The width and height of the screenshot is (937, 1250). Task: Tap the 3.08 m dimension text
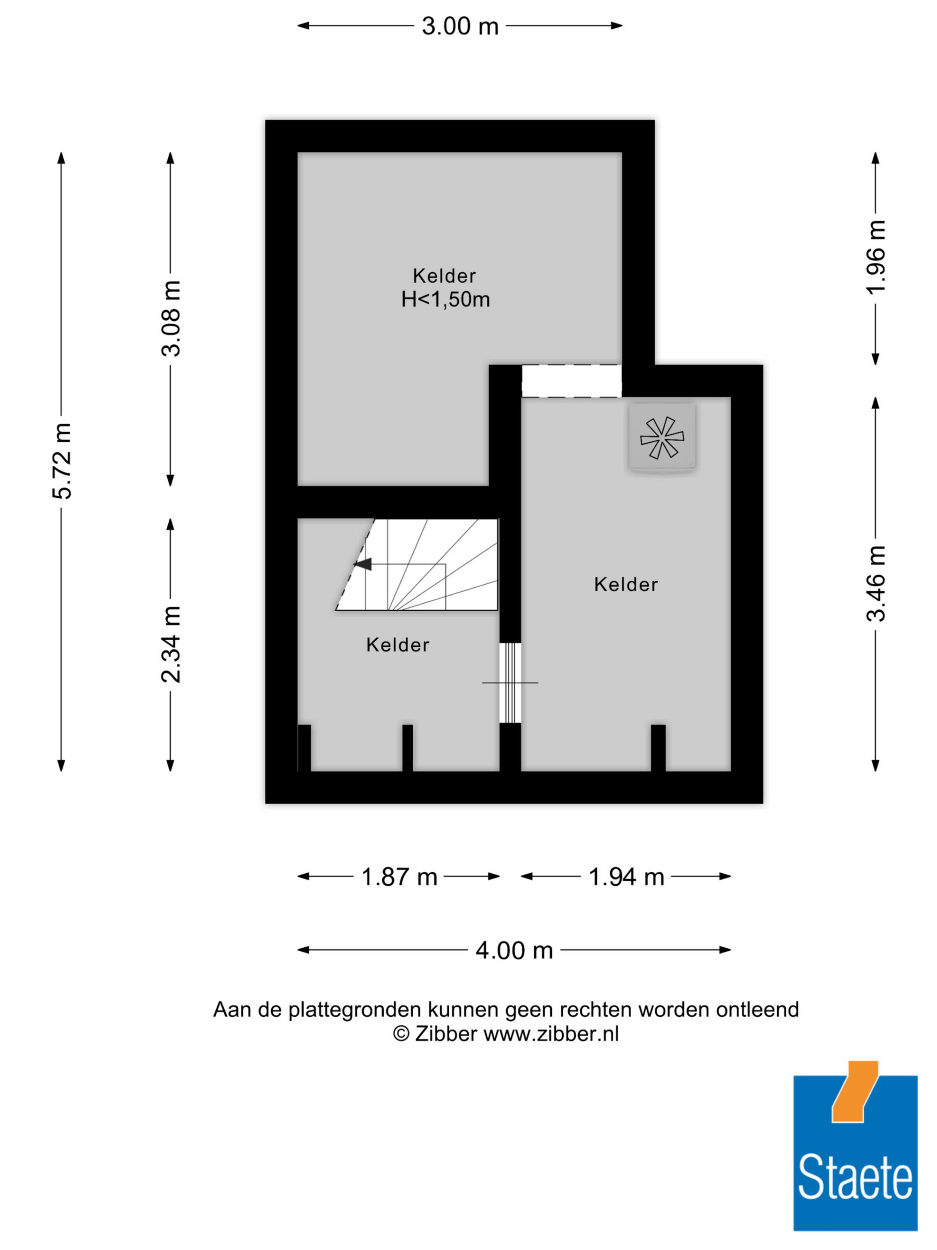171,318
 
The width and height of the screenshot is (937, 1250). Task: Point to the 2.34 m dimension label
171,644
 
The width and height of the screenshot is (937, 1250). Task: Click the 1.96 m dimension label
876,257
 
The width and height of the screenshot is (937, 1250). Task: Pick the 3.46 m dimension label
876,583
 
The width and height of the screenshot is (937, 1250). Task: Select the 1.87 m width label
399,877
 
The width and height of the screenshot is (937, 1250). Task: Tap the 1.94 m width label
626,877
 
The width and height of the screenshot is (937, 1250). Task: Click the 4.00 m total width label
514,951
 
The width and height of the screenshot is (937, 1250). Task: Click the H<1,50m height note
445,299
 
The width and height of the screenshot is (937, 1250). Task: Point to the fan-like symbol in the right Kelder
662,437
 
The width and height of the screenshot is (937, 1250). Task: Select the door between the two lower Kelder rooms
511,682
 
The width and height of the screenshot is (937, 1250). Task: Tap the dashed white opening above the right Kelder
571,381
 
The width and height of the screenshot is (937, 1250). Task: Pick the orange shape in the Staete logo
855,1092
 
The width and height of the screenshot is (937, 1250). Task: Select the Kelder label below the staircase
398,645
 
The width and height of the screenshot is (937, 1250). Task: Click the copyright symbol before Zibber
401,1034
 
